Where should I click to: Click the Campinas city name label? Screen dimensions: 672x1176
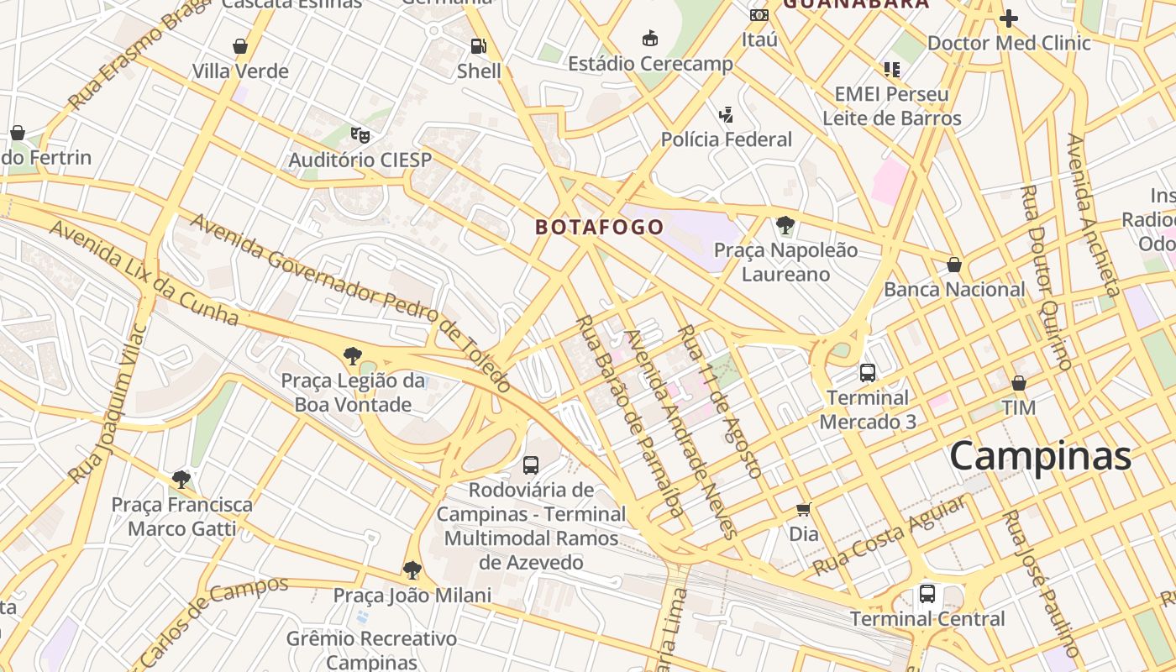point(1041,456)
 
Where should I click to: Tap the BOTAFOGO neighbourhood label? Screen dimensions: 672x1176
point(600,227)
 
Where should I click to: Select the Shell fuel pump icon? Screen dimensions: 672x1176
point(478,46)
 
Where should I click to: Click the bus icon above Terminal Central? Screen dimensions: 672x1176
point(927,594)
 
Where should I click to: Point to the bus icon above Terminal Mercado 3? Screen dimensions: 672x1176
point(868,372)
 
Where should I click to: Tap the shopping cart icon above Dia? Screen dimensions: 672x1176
point(804,509)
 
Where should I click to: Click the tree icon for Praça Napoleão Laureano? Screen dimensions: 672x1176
point(785,224)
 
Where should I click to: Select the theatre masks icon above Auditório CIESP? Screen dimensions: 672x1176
point(360,134)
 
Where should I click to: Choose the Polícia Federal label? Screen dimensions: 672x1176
point(727,139)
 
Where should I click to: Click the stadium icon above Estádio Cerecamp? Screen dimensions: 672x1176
point(649,38)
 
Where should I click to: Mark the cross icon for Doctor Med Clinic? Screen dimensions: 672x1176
point(1009,18)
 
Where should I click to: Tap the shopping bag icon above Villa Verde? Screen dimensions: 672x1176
point(240,46)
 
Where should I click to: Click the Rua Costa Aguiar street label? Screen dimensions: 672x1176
point(888,536)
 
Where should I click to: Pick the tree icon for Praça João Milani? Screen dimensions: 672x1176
point(412,570)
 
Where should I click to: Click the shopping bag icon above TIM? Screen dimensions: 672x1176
point(1019,383)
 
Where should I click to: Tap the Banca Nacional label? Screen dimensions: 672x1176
point(954,290)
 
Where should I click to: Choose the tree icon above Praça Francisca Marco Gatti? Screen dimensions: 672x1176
point(181,480)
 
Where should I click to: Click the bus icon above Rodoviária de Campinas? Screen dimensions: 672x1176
point(531,465)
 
